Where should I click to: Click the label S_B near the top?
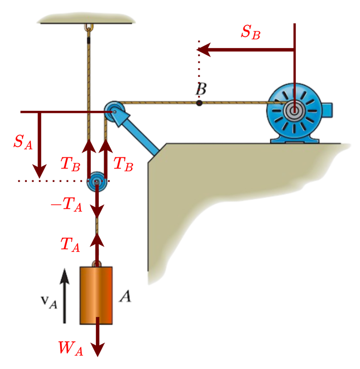click(x=251, y=32)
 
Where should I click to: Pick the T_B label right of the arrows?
click(x=123, y=164)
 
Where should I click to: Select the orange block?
click(x=96, y=295)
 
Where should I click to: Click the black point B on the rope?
click(x=199, y=102)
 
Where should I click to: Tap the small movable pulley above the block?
click(x=96, y=182)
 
